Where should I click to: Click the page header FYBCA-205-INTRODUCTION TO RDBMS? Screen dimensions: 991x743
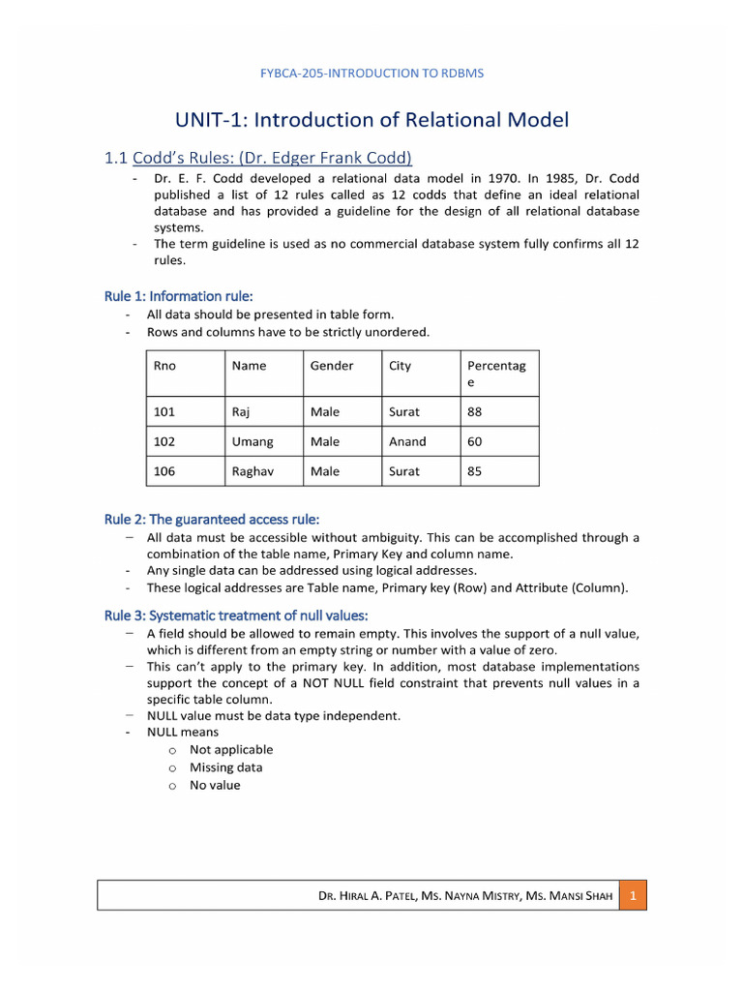pyautogui.click(x=371, y=74)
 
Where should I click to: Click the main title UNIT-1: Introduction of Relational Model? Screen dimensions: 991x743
pyautogui.click(x=371, y=120)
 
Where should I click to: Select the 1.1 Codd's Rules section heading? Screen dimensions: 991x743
pyautogui.click(x=258, y=157)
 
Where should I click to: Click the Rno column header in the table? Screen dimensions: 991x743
pyautogui.click(x=165, y=366)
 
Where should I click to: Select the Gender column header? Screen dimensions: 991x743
pyautogui.click(x=332, y=366)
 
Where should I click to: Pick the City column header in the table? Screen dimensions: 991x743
pyautogui.click(x=400, y=366)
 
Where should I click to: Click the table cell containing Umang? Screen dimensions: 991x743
pyautogui.click(x=253, y=441)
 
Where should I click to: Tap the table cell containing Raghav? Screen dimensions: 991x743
pyautogui.click(x=255, y=471)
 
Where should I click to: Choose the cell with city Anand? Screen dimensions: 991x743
pyautogui.click(x=407, y=441)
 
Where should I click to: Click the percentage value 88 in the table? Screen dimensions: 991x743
pyautogui.click(x=474, y=411)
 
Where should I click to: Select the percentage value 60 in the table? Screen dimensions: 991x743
pyautogui.click(x=474, y=441)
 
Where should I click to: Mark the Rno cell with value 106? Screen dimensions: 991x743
pyautogui.click(x=165, y=471)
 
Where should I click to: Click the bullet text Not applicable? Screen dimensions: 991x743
pyautogui.click(x=231, y=749)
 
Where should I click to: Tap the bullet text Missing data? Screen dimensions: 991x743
pyautogui.click(x=225, y=767)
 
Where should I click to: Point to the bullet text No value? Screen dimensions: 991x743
pyautogui.click(x=215, y=785)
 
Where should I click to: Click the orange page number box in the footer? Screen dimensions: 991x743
pyautogui.click(x=632, y=896)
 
